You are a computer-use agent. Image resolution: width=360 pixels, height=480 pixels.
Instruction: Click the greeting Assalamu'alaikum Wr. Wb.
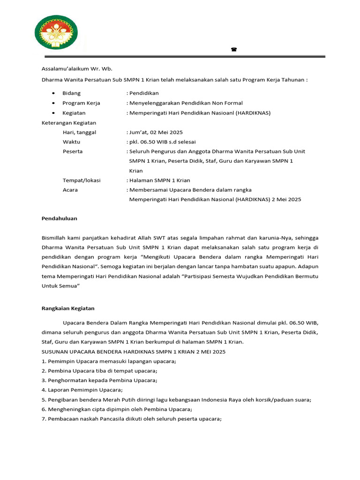tap(77, 68)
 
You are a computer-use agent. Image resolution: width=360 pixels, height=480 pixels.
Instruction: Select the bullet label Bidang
tap(71, 93)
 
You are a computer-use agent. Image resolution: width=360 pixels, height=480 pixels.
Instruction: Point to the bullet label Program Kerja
tap(81, 103)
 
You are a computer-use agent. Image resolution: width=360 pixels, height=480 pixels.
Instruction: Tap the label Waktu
tap(71, 142)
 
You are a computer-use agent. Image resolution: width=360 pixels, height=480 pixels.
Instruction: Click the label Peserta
tap(73, 151)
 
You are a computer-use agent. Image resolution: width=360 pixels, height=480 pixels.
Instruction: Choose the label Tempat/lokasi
tap(82, 180)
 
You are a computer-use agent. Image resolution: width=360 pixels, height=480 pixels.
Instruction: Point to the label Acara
tap(70, 190)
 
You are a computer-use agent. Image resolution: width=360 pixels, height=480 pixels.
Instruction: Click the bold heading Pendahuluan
tap(59, 218)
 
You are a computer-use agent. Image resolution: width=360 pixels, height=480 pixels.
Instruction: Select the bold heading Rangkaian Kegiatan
tap(68, 308)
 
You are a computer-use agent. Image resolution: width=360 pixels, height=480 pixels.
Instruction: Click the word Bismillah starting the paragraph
tap(54, 238)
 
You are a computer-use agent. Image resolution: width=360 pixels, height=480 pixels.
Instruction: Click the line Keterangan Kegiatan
tap(69, 123)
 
